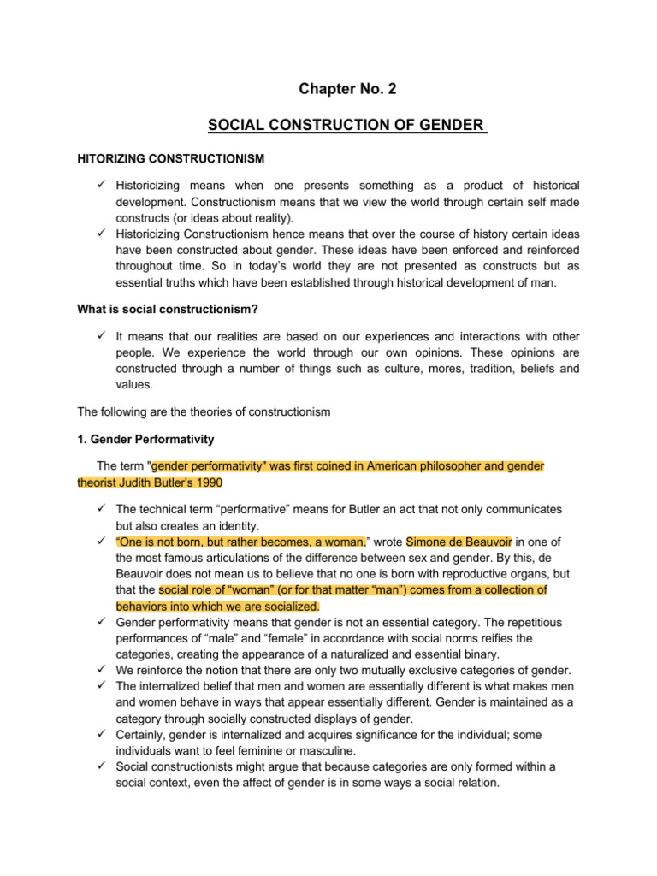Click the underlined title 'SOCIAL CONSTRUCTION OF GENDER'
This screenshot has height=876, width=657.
[x=346, y=127]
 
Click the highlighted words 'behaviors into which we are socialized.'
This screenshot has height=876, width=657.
[x=216, y=606]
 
